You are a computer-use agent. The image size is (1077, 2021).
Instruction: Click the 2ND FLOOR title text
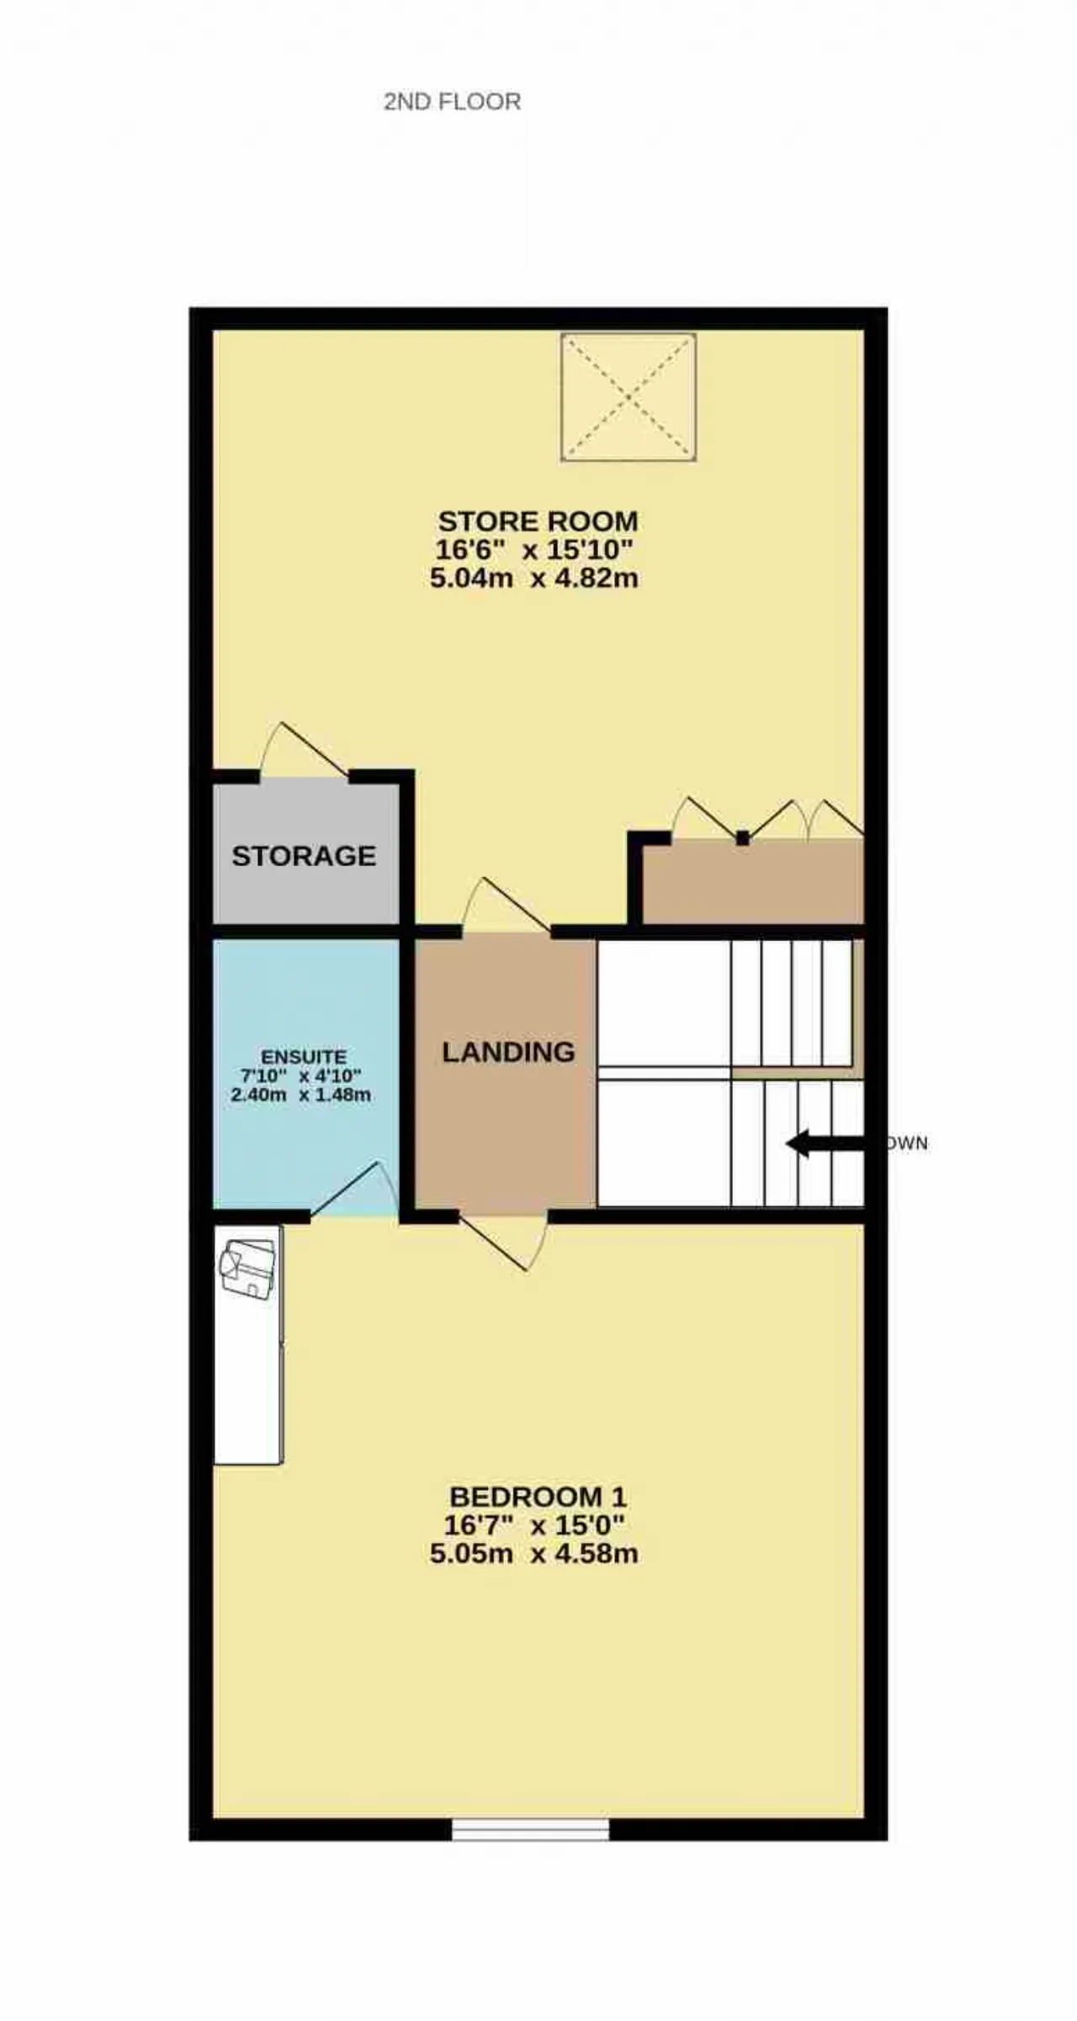452,102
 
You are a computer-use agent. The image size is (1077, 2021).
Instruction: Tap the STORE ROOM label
538,521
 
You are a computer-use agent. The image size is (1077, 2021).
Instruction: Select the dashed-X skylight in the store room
629,397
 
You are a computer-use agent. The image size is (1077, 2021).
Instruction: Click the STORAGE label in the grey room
304,856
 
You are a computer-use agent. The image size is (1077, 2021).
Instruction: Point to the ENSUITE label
304,1057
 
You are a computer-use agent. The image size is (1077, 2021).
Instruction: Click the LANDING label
508,1052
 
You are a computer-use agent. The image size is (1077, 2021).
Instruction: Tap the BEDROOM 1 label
538,1497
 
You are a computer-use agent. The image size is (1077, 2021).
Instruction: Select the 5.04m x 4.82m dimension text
534,578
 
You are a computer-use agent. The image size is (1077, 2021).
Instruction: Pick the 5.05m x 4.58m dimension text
534,1553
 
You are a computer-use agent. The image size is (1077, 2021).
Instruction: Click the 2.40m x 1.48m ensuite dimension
300,1095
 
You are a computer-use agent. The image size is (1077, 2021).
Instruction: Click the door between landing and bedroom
503,1242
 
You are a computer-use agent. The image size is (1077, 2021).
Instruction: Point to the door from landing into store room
507,904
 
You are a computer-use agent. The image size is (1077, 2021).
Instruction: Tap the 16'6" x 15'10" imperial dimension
534,550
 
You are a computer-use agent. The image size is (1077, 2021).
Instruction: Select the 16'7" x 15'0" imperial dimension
534,1525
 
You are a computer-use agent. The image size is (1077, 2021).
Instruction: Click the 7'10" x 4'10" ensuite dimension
300,1077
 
